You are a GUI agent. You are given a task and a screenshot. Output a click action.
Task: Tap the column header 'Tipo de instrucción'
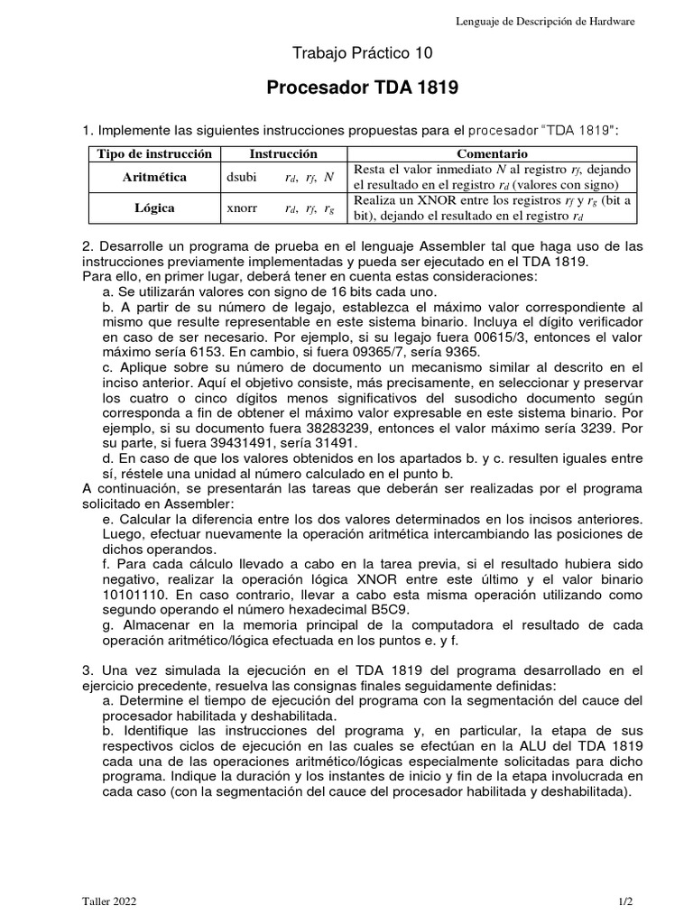tap(154, 154)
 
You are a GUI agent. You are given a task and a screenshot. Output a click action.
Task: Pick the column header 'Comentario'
tap(492, 154)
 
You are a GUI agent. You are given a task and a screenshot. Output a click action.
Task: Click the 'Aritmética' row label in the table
tap(154, 177)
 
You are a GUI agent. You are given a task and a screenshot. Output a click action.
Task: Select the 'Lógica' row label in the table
tap(154, 208)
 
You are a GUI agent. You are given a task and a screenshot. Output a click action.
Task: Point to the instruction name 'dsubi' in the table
tap(242, 178)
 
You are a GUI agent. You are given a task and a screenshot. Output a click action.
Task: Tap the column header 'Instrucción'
tap(283, 154)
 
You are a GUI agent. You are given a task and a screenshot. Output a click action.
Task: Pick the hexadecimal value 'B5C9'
tap(439, 610)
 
